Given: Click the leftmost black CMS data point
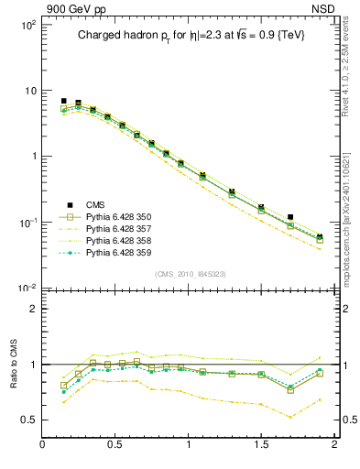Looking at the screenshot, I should point(63,101).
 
